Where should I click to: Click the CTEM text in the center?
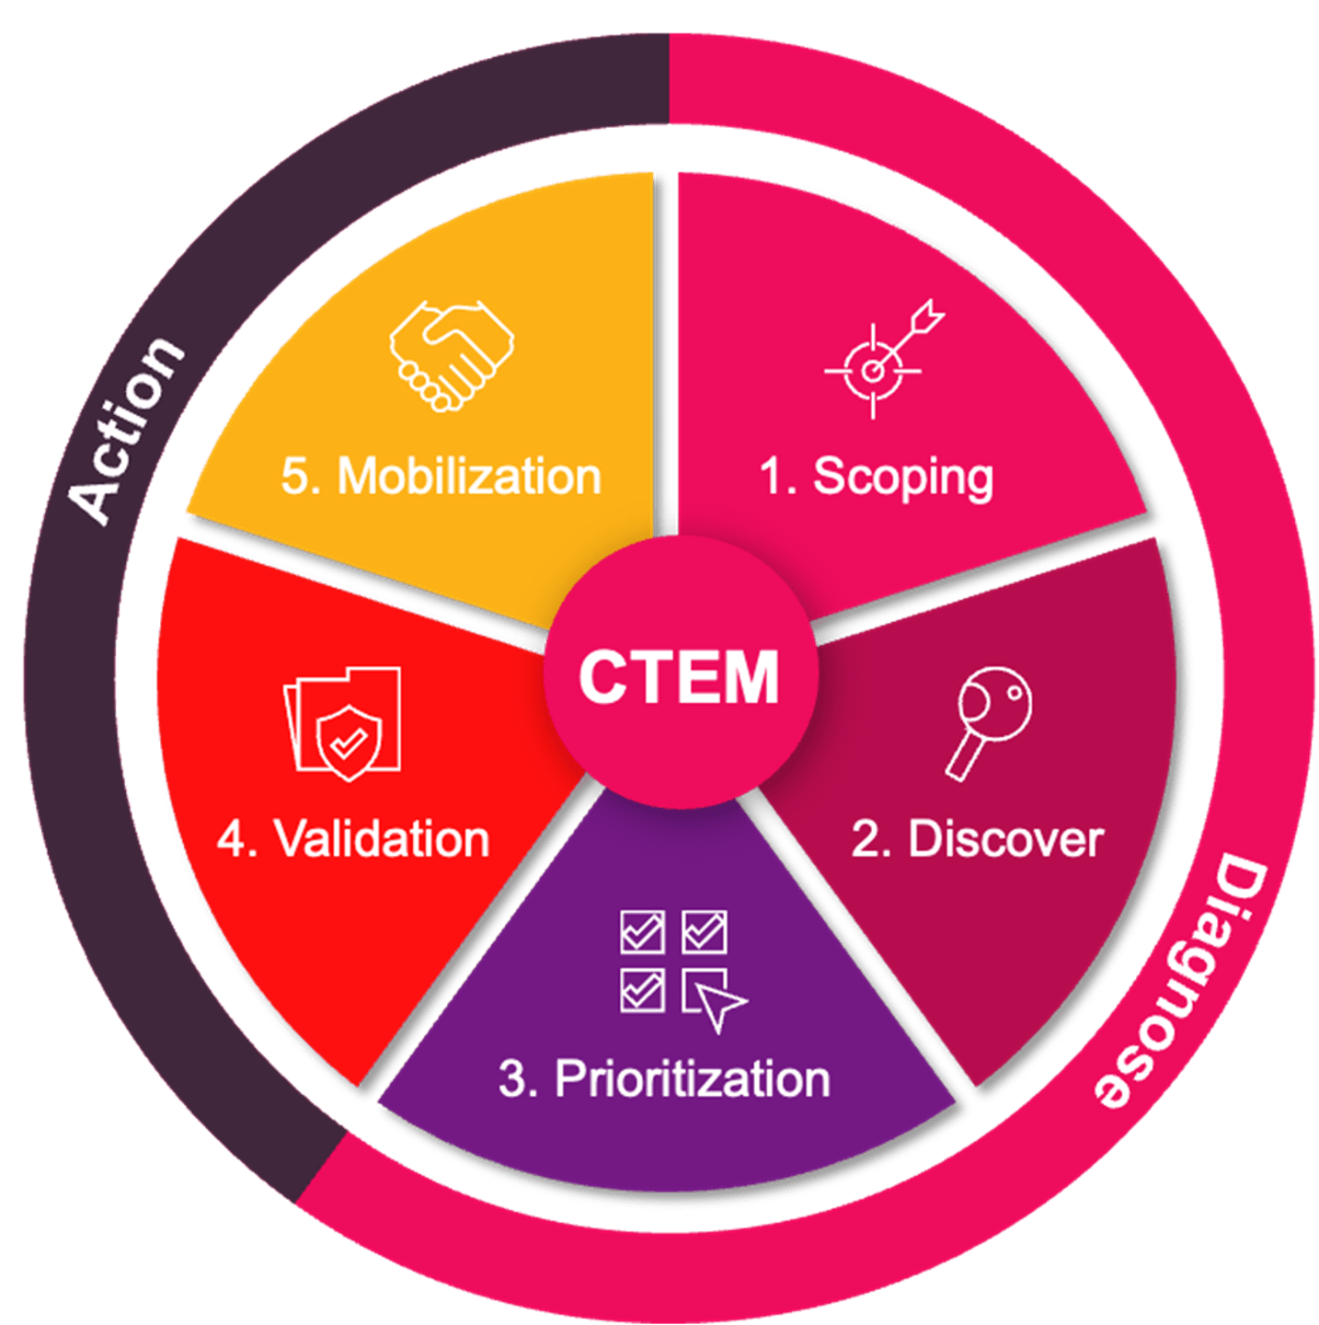click(x=679, y=676)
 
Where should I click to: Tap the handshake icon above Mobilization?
click(x=451, y=354)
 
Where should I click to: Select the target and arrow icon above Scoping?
click(x=883, y=359)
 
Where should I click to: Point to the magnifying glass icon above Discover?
click(x=990, y=722)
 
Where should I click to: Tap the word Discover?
click(x=1005, y=839)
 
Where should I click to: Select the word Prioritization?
click(x=692, y=1078)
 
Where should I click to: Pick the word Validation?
click(x=382, y=839)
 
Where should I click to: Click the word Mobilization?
click(x=469, y=477)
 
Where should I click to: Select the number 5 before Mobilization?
click(x=296, y=477)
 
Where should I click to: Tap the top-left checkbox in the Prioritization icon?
click(x=642, y=932)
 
